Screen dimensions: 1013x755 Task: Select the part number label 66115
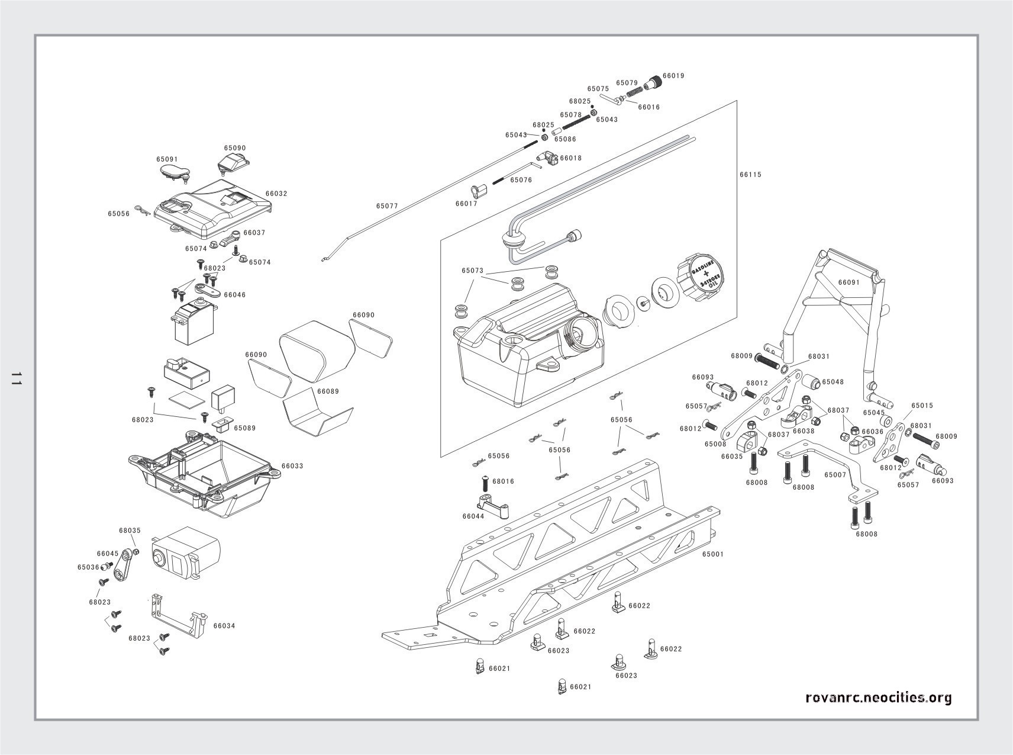(x=750, y=175)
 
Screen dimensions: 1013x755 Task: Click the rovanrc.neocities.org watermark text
(x=879, y=698)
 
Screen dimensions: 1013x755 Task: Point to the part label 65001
(x=713, y=554)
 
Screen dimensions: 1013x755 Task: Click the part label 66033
(x=292, y=466)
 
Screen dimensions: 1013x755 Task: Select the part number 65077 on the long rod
(x=387, y=206)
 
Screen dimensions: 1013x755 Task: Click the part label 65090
(x=235, y=148)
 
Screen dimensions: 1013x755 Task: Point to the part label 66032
(x=276, y=194)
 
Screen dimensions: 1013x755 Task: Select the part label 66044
(x=473, y=516)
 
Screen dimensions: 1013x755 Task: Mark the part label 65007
(x=835, y=475)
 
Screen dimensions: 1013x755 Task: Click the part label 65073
(x=473, y=271)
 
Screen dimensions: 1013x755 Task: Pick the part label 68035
(x=130, y=531)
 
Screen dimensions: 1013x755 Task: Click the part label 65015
(x=922, y=406)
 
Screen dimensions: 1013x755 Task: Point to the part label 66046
(x=235, y=295)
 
